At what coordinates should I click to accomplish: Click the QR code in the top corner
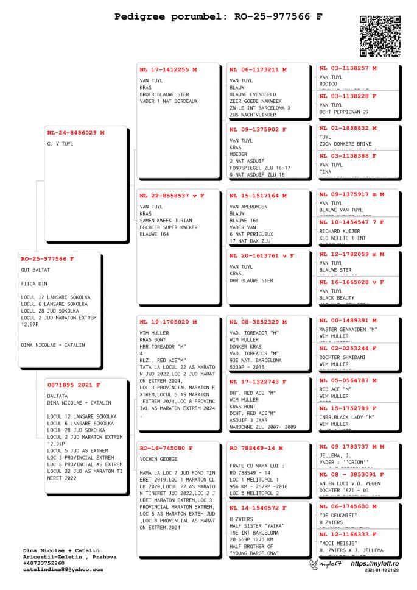(x=380, y=36)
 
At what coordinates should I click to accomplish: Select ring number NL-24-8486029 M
(x=75, y=132)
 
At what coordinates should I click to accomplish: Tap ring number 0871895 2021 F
(x=74, y=385)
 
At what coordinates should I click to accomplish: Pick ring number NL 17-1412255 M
(x=168, y=69)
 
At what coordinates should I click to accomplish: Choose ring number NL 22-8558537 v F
(x=172, y=196)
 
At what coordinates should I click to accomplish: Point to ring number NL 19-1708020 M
(x=168, y=322)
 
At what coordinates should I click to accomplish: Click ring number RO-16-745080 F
(x=166, y=448)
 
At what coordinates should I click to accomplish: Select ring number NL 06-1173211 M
(x=258, y=69)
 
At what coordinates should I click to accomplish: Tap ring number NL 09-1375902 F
(x=258, y=129)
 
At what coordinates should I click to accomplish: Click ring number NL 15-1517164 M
(x=258, y=196)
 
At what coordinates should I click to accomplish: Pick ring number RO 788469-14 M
(x=256, y=448)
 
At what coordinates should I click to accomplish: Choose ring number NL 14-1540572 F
(x=258, y=508)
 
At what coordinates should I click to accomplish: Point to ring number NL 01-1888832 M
(x=348, y=128)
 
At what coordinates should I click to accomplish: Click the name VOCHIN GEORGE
(x=158, y=458)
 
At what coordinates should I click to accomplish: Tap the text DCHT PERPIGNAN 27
(x=344, y=112)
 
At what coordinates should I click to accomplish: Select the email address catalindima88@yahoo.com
(x=63, y=569)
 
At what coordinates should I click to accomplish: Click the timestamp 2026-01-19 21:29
(x=382, y=570)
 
